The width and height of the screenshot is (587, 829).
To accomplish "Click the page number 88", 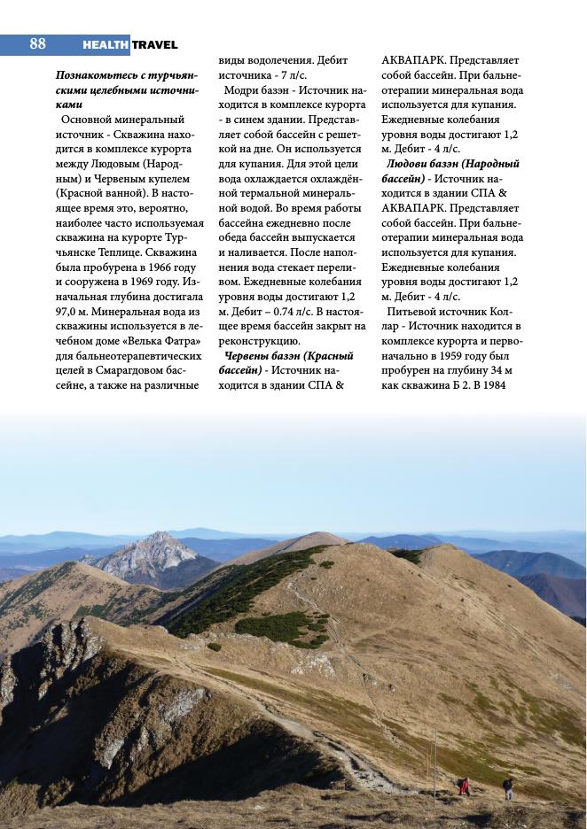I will pos(37,43).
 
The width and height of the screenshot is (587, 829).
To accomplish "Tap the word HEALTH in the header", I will pos(106,44).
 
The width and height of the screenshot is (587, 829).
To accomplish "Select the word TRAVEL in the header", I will pos(155,44).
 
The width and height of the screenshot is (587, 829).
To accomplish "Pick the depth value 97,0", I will pos(69,311).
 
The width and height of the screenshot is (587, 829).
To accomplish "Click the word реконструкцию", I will pos(258,341).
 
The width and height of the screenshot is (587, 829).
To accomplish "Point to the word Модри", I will pos(242,89).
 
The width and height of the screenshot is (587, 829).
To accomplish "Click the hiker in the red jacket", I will pos(463,786).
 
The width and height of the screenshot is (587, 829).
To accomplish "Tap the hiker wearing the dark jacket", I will pos(508,787).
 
